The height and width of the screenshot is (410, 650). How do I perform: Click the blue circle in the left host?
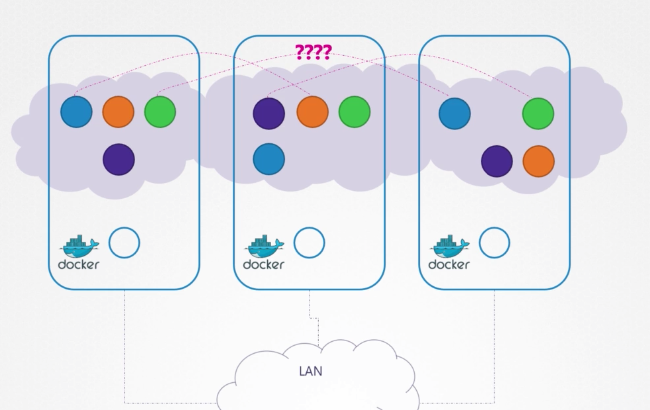76,112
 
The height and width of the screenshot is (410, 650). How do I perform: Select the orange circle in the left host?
118,112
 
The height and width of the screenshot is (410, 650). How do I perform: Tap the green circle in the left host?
160,112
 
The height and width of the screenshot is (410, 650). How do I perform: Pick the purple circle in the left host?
119,159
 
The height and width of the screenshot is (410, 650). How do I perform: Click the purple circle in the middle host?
269,113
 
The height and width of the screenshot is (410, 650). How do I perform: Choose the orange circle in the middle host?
312,112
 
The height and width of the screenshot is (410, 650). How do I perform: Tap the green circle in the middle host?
354,112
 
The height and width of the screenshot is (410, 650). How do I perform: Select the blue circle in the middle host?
269,159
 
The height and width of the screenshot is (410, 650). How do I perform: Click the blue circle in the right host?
455,113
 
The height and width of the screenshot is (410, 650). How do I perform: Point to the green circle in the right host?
538,113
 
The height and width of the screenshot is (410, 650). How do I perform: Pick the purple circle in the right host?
497,161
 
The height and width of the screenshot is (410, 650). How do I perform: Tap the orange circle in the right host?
538,161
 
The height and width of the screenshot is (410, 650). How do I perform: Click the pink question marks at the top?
313,52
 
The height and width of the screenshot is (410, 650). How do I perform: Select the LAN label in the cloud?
311,371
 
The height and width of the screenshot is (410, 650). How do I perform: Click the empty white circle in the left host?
124,243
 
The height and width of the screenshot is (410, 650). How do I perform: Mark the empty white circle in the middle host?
309,243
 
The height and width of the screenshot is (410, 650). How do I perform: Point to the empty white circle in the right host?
494,243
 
